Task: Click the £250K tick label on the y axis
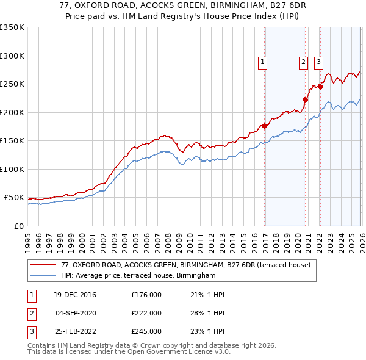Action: click(x=12, y=84)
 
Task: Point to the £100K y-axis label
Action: click(x=12, y=169)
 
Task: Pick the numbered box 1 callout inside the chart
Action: click(x=262, y=61)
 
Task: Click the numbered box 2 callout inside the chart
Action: click(x=303, y=61)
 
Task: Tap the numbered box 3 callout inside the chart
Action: click(x=318, y=61)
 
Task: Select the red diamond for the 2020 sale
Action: click(x=305, y=100)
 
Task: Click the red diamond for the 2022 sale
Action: click(x=320, y=87)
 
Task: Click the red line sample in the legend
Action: click(x=43, y=265)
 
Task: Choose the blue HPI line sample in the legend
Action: click(x=43, y=276)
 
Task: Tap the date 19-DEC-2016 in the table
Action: click(x=74, y=295)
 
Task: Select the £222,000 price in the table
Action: click(x=146, y=314)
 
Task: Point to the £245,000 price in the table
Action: click(x=146, y=332)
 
